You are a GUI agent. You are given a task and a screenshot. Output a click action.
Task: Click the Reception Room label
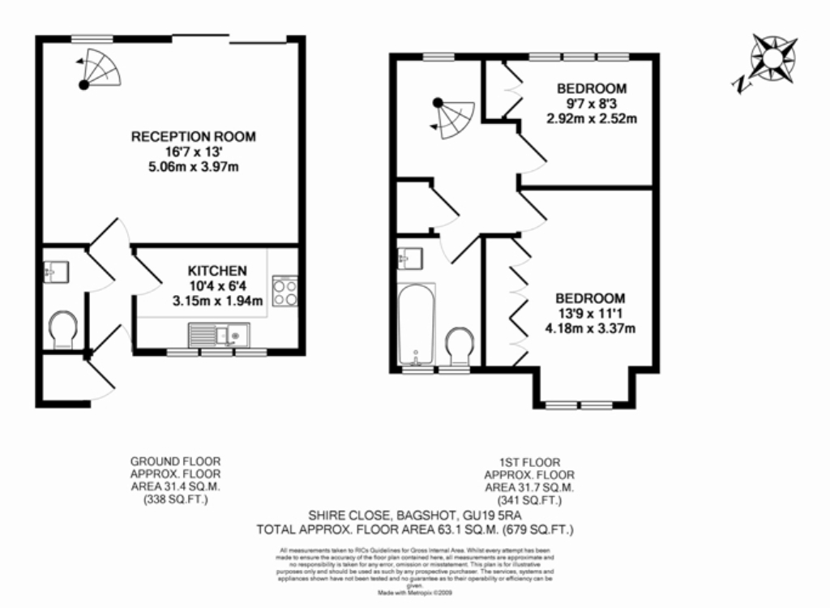pos(193,136)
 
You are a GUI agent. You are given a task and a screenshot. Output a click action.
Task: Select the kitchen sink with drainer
pos(220,334)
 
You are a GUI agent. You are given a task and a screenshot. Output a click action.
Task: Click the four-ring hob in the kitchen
pos(285,291)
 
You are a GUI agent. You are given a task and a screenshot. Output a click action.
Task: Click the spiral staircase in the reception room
pos(101,68)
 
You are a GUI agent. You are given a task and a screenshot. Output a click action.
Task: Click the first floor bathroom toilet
pos(460,344)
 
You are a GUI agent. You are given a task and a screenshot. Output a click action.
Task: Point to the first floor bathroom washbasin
pos(409,258)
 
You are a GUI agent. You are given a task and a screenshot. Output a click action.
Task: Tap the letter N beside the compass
pos(739,84)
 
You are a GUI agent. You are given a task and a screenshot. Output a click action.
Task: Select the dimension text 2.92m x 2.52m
pos(591,118)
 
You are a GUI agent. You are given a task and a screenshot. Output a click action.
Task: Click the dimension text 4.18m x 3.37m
pos(589,328)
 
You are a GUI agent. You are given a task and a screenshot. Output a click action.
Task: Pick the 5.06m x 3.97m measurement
pos(193,167)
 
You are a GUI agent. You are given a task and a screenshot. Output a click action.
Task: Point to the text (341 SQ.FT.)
pos(528,500)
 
